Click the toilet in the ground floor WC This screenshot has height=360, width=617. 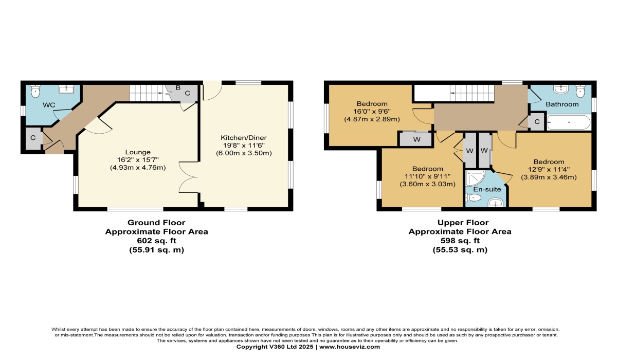click(x=35, y=91)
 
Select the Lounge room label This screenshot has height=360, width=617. click(x=138, y=152)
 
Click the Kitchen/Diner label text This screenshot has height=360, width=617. click(x=244, y=138)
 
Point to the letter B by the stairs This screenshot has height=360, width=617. click(x=178, y=88)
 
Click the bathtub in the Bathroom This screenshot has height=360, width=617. click(x=569, y=122)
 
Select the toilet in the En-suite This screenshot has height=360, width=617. click(x=473, y=197)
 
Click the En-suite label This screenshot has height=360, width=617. click(x=487, y=189)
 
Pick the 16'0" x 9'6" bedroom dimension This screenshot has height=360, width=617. click(x=372, y=112)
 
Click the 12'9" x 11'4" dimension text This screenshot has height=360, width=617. click(x=549, y=169)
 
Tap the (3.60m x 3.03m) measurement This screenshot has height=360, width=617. click(x=427, y=184)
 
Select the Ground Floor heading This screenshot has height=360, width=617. click(x=156, y=223)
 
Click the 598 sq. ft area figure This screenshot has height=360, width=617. click(x=460, y=241)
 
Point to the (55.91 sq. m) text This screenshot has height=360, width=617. click(x=156, y=250)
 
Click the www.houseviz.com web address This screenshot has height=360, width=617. click(x=350, y=347)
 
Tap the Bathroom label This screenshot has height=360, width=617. click(x=562, y=104)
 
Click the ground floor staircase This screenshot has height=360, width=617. click(x=149, y=93)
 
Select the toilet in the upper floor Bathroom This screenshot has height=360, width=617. click(x=580, y=91)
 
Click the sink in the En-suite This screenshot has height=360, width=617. click(x=496, y=203)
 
